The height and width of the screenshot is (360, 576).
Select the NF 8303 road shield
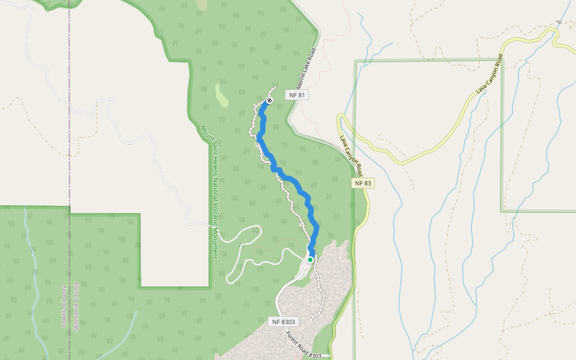(x=284, y=322)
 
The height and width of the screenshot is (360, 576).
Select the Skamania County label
(x=76, y=306)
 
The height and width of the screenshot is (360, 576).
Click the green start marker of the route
(x=310, y=259)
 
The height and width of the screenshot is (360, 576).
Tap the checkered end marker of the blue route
(x=269, y=100)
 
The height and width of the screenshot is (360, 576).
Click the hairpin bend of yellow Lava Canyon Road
(x=341, y=117)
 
